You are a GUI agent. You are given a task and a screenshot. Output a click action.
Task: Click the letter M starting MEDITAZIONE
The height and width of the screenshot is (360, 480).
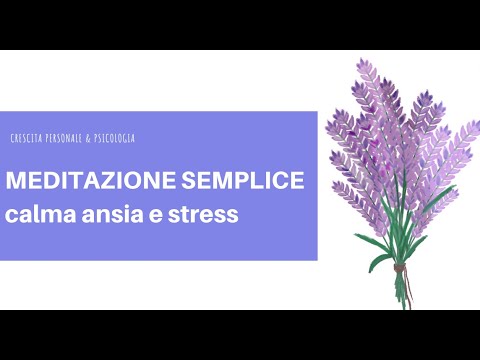click(x=15, y=185)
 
